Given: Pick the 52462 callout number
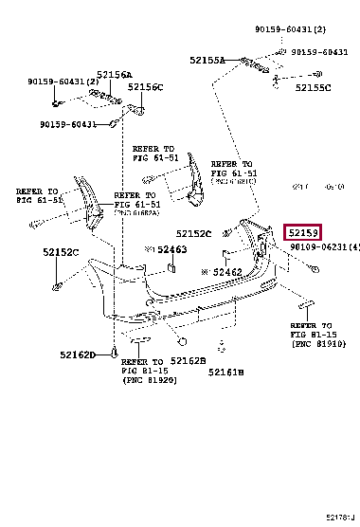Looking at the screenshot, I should tap(227, 272).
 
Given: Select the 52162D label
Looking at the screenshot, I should tap(79, 354).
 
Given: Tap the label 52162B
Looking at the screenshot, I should tap(187, 361).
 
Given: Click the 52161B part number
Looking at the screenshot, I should tap(226, 373).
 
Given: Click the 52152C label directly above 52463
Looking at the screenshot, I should tap(192, 233).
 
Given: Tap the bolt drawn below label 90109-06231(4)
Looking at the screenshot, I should tap(314, 270).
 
